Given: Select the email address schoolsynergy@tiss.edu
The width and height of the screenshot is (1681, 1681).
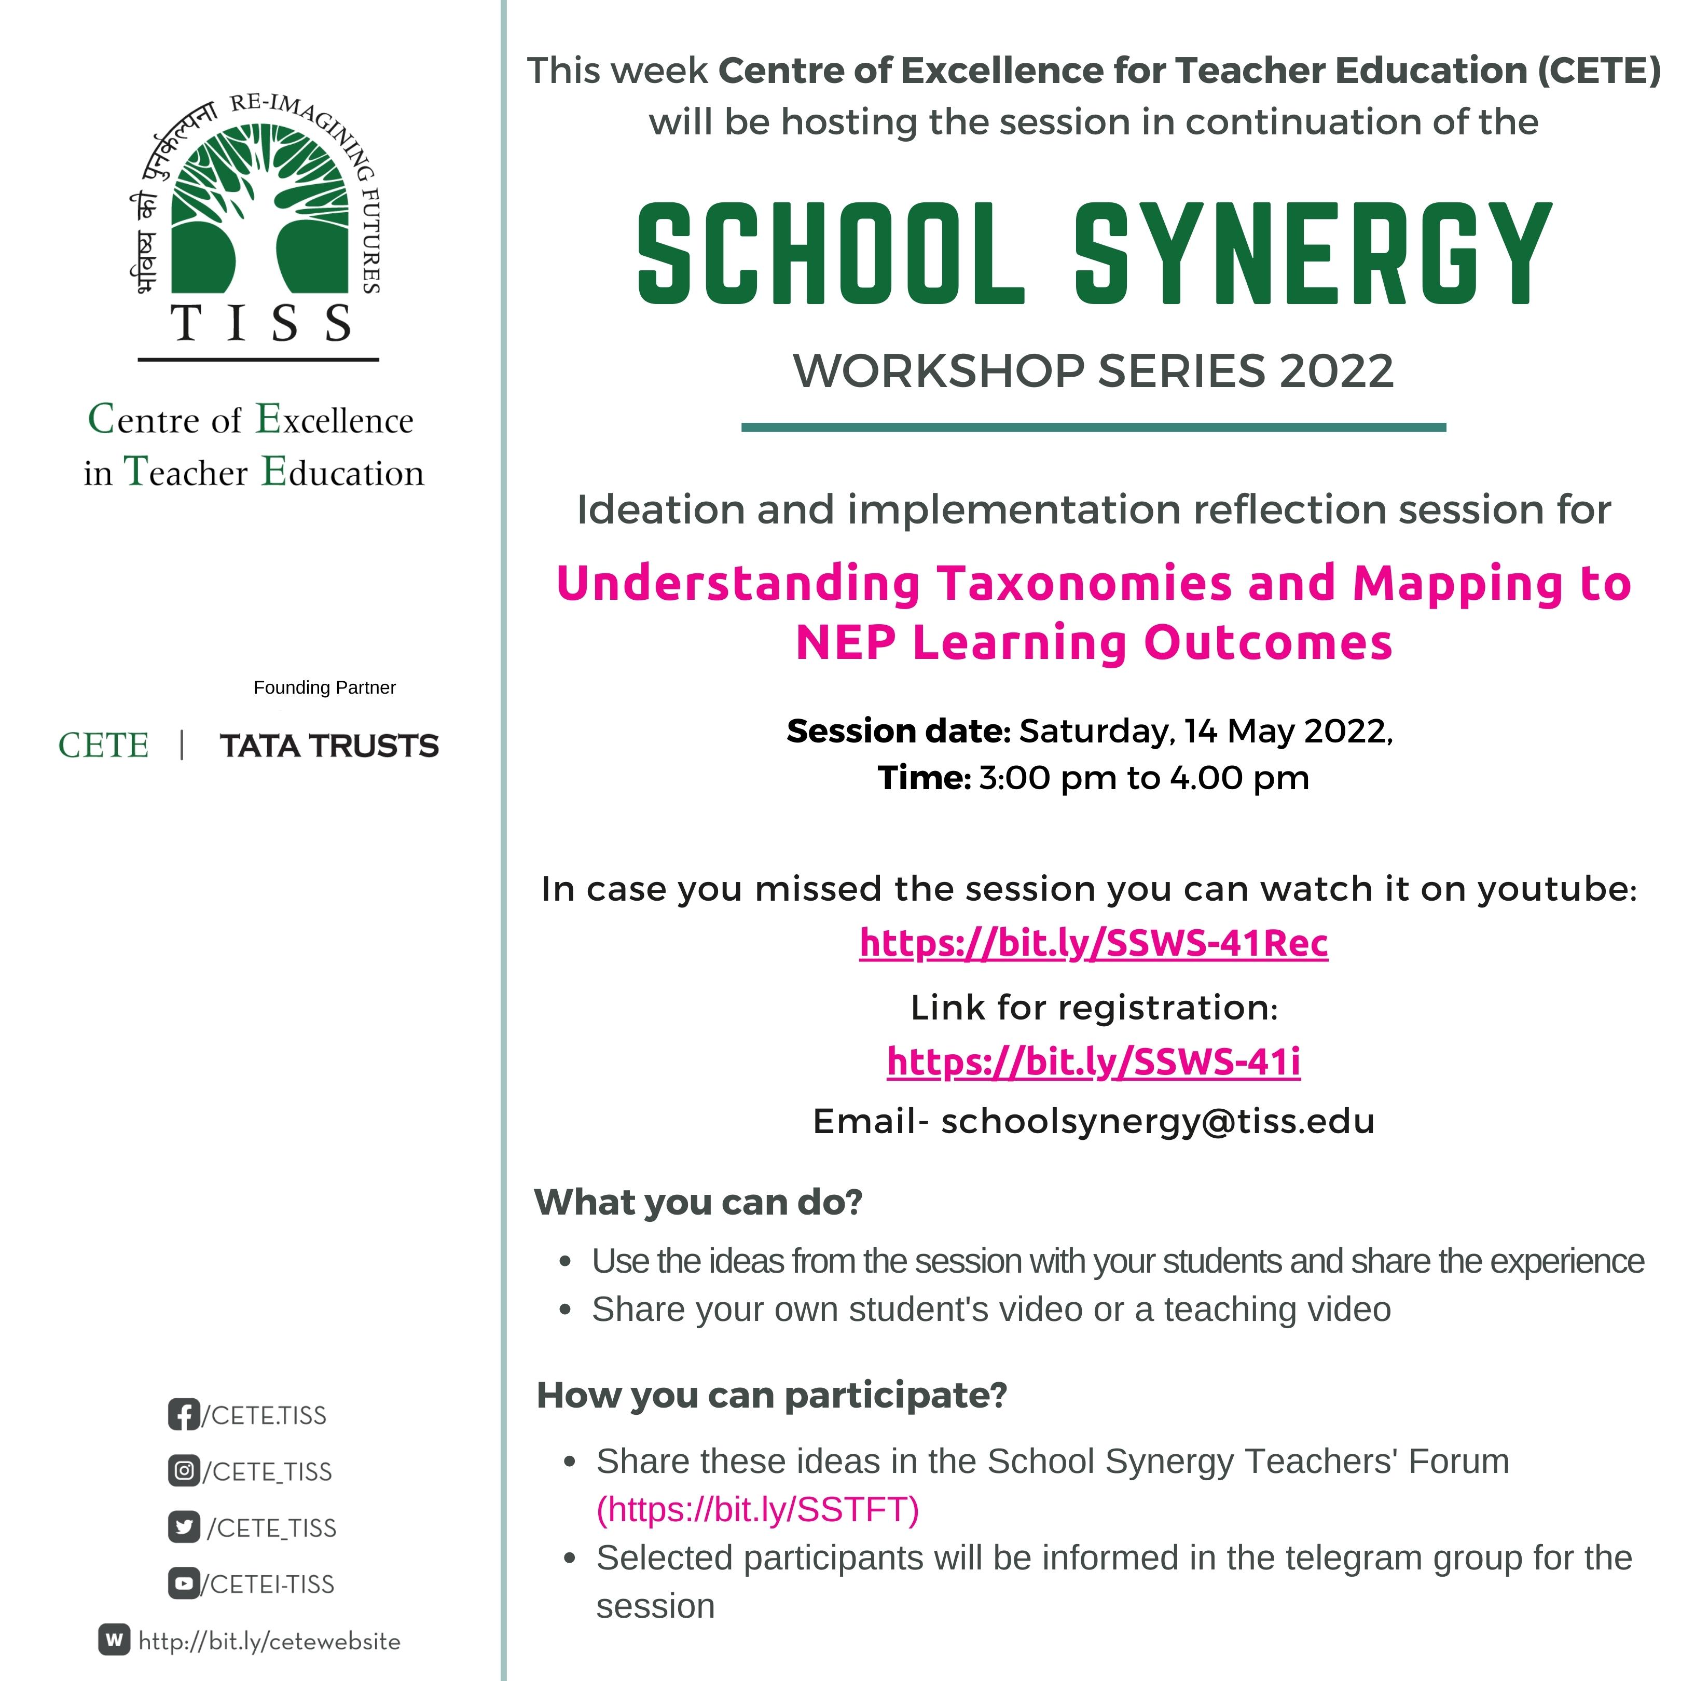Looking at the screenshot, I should (1157, 1122).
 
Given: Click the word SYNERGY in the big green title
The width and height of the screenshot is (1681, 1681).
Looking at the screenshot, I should (1312, 254).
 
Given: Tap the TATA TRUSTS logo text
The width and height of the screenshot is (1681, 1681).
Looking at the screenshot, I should (329, 746).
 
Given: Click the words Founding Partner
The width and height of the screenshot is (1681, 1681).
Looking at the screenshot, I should (325, 687).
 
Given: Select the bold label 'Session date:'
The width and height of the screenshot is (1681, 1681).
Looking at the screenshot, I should (898, 731).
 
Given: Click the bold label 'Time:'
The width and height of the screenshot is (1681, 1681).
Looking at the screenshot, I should (923, 778).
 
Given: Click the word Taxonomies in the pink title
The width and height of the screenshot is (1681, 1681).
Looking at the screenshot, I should (1084, 583).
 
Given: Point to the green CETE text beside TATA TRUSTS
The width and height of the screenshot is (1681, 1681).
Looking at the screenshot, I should (104, 746).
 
